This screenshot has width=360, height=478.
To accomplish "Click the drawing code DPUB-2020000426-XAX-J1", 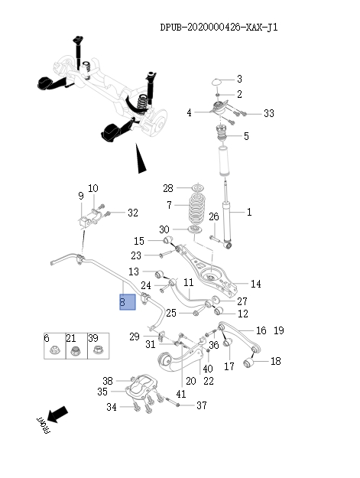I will click(x=219, y=28).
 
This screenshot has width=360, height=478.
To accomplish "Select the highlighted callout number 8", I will click(x=125, y=301).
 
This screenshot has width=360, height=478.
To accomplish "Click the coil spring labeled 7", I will click(x=197, y=206).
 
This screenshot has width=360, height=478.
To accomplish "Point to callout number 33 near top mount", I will click(x=268, y=113).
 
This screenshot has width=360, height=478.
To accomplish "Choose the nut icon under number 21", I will click(x=75, y=352).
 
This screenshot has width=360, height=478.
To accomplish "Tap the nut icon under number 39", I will click(x=97, y=352).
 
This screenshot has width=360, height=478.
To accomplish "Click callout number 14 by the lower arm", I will click(x=255, y=284).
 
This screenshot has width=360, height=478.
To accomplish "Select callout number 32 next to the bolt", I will click(x=132, y=213).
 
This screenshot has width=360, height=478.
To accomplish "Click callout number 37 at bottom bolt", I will click(x=202, y=405).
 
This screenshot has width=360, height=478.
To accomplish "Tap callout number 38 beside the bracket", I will click(x=108, y=381).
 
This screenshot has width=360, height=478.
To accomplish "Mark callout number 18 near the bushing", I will click(x=276, y=360).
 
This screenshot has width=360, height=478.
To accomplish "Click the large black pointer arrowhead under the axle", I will click(x=138, y=161).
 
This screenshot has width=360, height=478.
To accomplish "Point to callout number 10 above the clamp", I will click(x=92, y=188).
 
